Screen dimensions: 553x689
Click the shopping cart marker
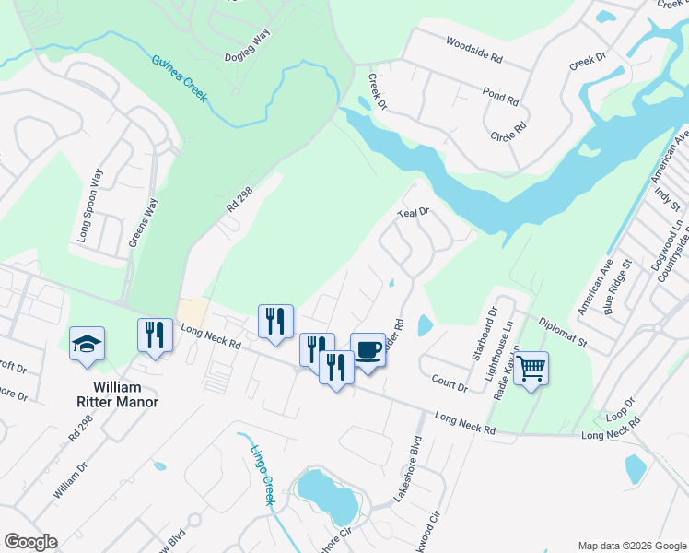click(531, 369)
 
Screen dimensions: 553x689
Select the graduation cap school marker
click(88, 344)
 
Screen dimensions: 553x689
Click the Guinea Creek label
click(179, 75)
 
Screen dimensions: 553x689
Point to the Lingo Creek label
click(263, 475)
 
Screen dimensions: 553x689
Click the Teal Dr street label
click(414, 212)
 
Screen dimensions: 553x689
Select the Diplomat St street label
click(563, 331)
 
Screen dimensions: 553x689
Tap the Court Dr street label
click(450, 382)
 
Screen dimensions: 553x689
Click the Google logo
click(30, 542)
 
